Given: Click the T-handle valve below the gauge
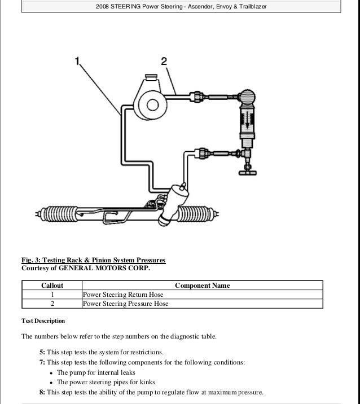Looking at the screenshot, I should tap(247, 172).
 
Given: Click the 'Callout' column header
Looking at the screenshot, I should tap(52, 286).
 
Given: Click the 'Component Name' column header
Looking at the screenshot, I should tap(202, 286).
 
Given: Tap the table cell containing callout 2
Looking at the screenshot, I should tap(52, 304).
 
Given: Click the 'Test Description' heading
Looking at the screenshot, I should tap(43, 321).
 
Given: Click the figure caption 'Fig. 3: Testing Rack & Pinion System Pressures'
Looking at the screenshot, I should tap(93, 260).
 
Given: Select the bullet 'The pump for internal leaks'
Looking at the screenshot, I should tap(96, 372).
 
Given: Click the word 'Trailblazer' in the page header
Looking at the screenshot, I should tap(252, 7).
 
